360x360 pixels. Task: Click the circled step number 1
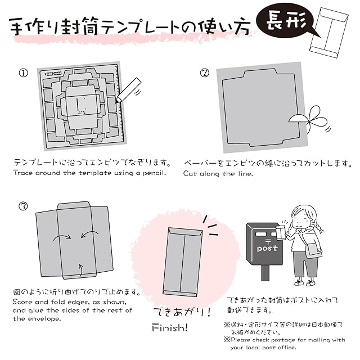[x=22, y=73]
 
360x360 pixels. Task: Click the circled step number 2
[x=205, y=73]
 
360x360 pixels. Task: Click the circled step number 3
[x=22, y=206]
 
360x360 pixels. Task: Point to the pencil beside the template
[x=129, y=91]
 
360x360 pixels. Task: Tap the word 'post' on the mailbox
[x=267, y=247]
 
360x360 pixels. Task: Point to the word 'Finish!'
[x=170, y=328]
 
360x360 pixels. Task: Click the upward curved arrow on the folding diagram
[x=81, y=272]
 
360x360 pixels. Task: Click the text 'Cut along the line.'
[x=218, y=173]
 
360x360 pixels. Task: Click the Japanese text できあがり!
[x=179, y=312]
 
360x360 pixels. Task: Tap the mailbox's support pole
[x=265, y=273]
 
